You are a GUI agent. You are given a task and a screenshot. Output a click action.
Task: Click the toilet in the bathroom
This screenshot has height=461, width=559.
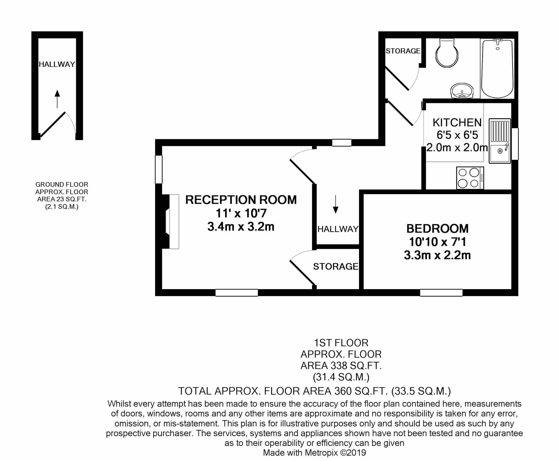click(447, 54)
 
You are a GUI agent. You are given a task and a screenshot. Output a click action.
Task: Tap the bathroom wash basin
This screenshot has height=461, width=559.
click(462, 91)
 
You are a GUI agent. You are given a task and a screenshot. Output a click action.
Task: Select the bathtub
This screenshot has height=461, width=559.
click(497, 69)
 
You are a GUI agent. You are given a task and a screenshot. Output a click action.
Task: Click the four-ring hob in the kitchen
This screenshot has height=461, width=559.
click(470, 178)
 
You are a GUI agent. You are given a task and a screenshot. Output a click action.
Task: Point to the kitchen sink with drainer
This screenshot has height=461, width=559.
click(500, 141)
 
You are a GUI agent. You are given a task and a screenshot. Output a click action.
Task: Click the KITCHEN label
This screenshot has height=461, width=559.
click(457, 123)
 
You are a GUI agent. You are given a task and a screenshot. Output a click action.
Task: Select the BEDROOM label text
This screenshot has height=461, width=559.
click(437, 229)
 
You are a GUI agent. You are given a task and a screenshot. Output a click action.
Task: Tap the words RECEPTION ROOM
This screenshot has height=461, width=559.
click(241, 200)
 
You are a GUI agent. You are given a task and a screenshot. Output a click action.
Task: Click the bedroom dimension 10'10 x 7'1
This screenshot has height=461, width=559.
click(437, 242)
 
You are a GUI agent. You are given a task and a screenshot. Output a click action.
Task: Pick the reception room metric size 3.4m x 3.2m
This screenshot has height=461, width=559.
click(241, 227)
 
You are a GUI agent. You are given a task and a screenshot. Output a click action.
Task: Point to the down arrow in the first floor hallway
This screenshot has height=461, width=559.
click(335, 204)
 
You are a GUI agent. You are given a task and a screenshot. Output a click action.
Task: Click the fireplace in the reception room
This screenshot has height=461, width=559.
click(170, 222)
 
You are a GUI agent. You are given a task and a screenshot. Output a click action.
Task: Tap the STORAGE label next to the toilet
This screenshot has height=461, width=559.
click(403, 51)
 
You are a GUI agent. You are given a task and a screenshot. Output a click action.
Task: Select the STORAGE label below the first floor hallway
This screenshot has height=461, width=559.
click(335, 266)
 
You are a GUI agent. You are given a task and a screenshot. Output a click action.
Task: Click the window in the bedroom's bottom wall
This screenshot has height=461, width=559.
click(441, 293)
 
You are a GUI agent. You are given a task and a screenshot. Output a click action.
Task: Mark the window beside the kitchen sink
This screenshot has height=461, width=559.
click(515, 144)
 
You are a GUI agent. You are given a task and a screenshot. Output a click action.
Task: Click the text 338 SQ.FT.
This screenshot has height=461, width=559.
click(356, 366)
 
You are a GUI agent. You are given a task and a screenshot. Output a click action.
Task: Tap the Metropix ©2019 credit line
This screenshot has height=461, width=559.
click(314, 453)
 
